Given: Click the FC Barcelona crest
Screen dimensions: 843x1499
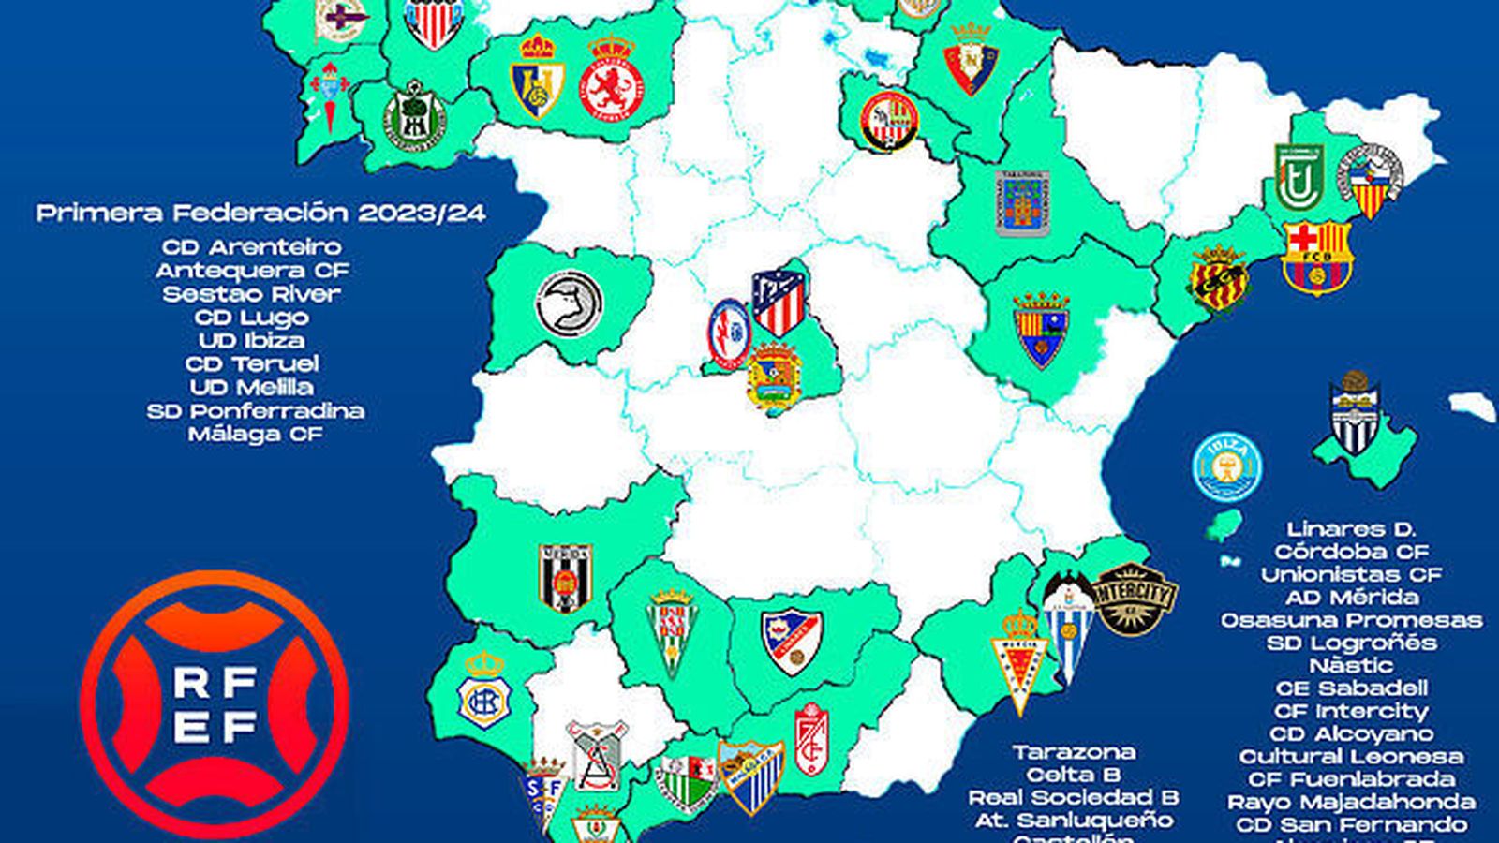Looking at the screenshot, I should pyautogui.click(x=1316, y=257).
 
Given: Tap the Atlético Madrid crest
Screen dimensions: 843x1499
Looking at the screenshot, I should pyautogui.click(x=779, y=303).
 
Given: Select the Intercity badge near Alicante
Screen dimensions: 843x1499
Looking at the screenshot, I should pyautogui.click(x=1134, y=599).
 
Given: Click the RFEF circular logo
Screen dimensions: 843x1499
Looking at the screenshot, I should pyautogui.click(x=215, y=705).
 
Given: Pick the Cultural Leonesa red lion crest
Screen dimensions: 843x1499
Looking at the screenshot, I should pyautogui.click(x=611, y=80).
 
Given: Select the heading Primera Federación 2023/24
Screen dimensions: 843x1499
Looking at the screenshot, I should pyautogui.click(x=261, y=214).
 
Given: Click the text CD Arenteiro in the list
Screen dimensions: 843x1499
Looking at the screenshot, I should pyautogui.click(x=252, y=247).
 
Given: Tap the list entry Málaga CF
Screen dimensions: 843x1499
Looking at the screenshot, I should pyautogui.click(x=255, y=435).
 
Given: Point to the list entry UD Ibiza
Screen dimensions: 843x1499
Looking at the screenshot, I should pyautogui.click(x=251, y=341).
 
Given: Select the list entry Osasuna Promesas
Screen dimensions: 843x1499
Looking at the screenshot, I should pyautogui.click(x=1351, y=620).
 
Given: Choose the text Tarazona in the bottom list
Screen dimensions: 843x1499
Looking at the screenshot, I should pyautogui.click(x=1074, y=752).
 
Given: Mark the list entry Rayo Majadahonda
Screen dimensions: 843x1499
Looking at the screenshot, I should pyautogui.click(x=1351, y=803).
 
